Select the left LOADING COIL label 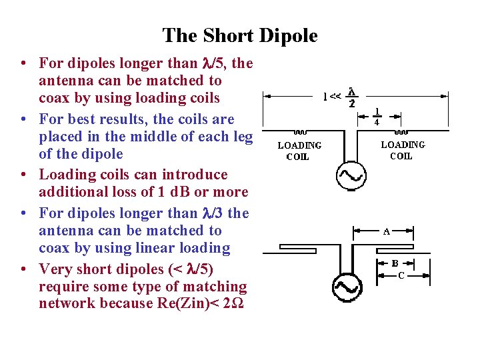click(299, 151)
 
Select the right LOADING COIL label click(402, 150)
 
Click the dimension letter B click(395, 263)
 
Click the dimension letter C click(401, 275)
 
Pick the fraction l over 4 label click(377, 117)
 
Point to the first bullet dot click(23, 64)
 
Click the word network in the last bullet click(67, 304)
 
